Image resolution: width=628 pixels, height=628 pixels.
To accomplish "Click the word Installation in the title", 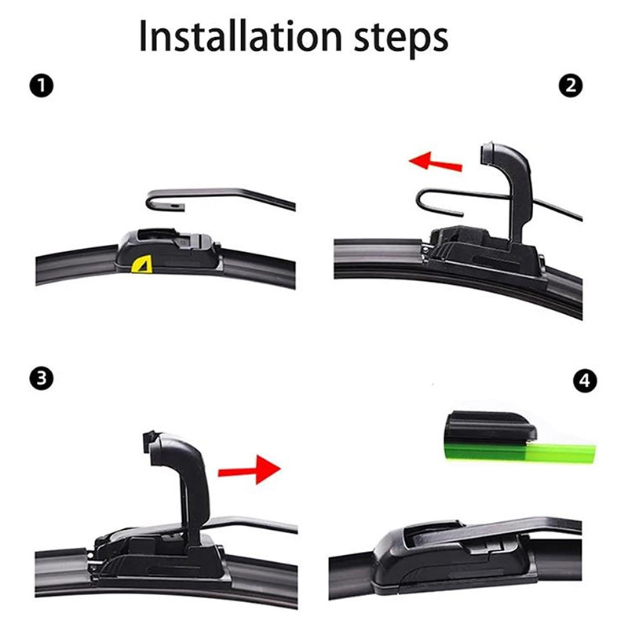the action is point(240,36).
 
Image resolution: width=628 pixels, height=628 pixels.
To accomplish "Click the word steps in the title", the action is point(401,39).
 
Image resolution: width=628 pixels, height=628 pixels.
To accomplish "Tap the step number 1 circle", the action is point(42,86).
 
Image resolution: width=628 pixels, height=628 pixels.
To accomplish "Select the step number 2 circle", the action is point(571,86).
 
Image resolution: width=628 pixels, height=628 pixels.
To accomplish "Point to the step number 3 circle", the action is point(42,378).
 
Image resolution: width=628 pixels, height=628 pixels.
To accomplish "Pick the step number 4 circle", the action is point(585,381).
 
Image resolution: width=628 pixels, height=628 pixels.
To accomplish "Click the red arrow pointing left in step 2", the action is point(436,162).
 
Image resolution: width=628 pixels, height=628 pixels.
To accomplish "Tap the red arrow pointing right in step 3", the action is point(249,469).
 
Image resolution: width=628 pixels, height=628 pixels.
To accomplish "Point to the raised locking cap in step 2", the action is point(507,188).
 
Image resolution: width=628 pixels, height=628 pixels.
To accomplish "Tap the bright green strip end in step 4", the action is point(560,453).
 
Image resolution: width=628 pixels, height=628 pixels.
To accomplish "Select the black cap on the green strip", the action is point(491,426).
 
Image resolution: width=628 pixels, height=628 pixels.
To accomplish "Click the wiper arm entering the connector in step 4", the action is point(520,528).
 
